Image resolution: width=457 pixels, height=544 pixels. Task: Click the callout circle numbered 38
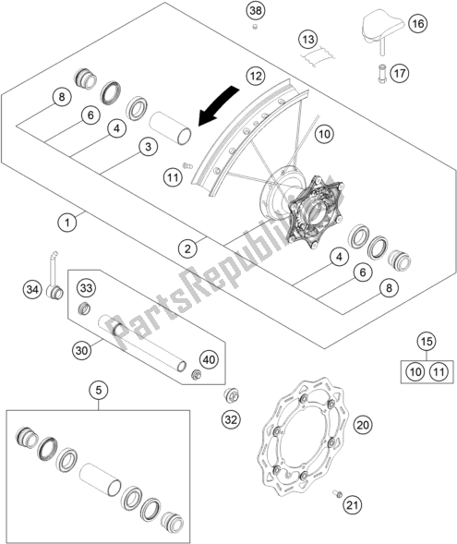pos(256,11)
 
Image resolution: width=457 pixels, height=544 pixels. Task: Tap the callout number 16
pos(418,24)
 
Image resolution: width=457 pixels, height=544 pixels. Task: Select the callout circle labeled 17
pos(400,74)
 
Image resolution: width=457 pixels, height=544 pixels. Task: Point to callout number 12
pos(256,76)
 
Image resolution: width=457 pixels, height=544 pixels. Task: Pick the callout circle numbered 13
pos(308,39)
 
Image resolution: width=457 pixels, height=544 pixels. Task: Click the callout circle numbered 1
pos(67,222)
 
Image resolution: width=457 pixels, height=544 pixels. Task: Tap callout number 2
pos(187,248)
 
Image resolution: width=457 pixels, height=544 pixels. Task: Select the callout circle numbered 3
pos(148,147)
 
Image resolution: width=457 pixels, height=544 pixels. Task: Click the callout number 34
pos(32,289)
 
